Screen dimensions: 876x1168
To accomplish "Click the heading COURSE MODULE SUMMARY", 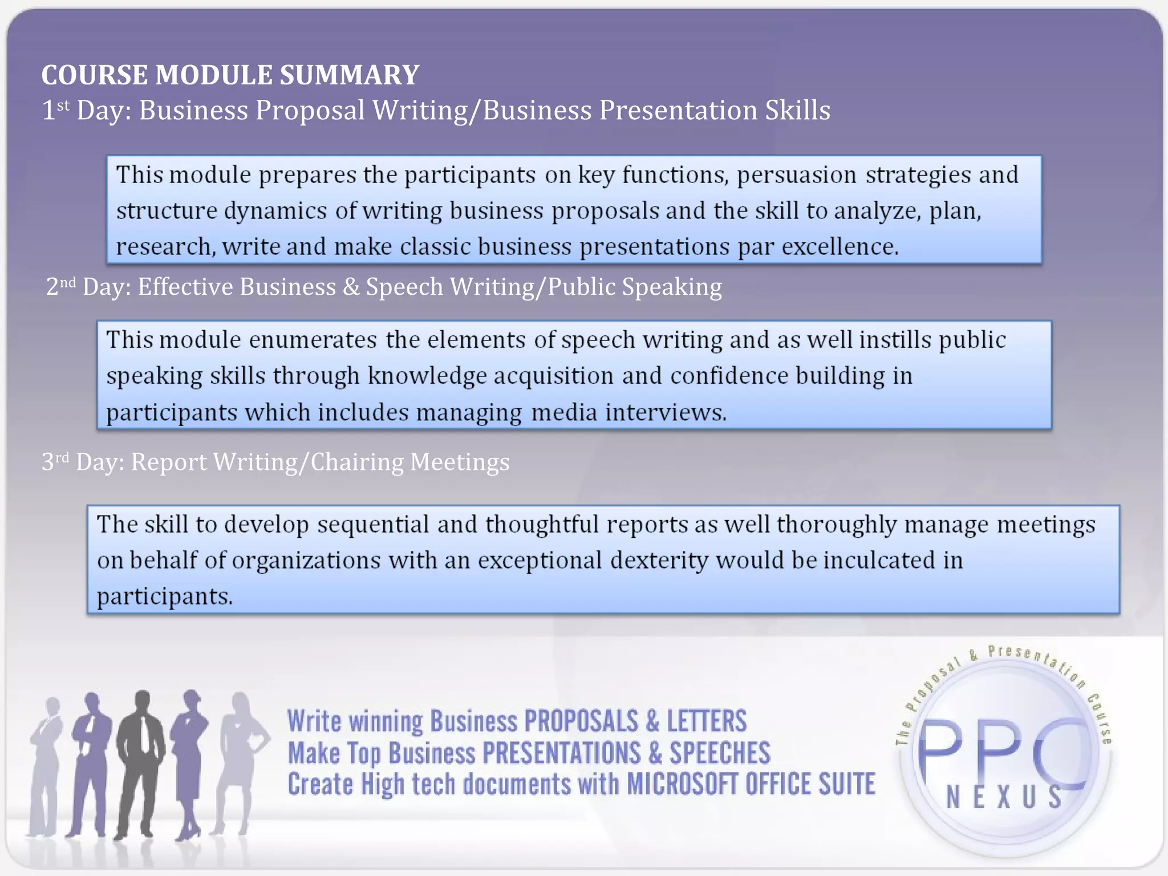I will tap(230, 75).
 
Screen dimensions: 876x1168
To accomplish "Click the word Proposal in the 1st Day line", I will tap(310, 110).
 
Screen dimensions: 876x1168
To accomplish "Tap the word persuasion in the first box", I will tap(796, 175).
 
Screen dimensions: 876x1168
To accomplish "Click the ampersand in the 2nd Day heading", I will tap(351, 287).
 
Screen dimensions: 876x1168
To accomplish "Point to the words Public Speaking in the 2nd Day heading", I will tap(634, 287).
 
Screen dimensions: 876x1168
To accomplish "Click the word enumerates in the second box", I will tap(313, 340).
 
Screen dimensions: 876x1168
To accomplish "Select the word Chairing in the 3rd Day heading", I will tap(356, 462).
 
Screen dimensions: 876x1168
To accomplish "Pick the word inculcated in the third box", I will tap(882, 561).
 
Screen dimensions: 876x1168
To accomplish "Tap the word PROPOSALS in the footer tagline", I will tap(581, 721).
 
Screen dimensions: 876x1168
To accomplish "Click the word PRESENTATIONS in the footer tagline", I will tap(561, 753).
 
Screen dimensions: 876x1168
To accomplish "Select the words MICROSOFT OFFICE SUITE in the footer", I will tap(751, 784).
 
